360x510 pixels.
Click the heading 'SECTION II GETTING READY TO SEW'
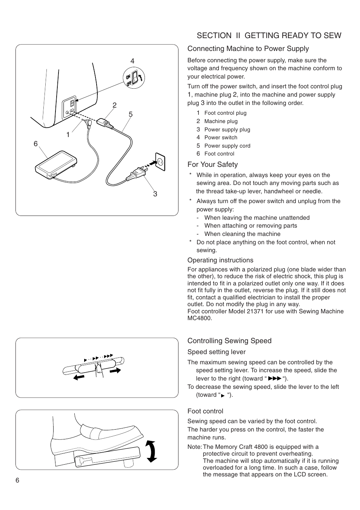[x=269, y=35]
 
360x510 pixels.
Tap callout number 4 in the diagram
[x=132, y=61]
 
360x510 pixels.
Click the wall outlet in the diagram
[x=160, y=162]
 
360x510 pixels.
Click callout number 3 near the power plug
[x=155, y=194]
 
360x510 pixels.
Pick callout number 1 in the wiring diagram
[x=68, y=135]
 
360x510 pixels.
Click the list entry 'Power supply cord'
[x=227, y=146]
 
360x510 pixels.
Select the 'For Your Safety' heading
[x=212, y=165]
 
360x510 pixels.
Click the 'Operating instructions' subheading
[x=220, y=260]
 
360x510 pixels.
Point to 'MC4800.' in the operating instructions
[x=200, y=318]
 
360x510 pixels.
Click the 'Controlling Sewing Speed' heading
[x=229, y=341]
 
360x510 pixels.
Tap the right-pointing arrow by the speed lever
[x=115, y=371]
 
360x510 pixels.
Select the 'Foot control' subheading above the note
[x=205, y=411]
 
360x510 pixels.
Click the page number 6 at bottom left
[x=17, y=480]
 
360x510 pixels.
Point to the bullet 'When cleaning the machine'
[x=242, y=234]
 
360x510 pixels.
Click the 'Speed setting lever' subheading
[x=216, y=352]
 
